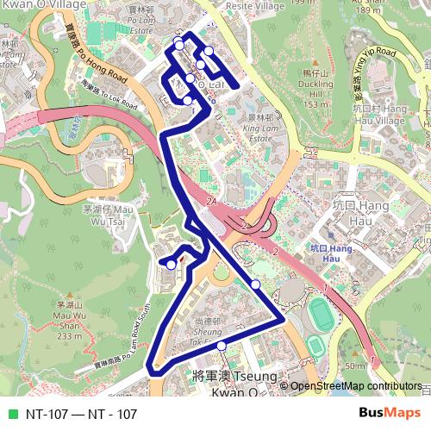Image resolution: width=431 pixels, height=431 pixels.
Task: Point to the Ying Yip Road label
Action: [372, 72]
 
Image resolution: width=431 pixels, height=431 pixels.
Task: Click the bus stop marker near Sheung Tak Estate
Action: [222, 346]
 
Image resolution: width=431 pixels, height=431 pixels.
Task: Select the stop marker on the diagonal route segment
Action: [255, 284]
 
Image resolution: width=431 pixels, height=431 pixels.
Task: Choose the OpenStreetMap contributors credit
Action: [355, 386]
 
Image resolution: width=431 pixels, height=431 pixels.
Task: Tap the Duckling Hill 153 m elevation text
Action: [316, 104]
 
